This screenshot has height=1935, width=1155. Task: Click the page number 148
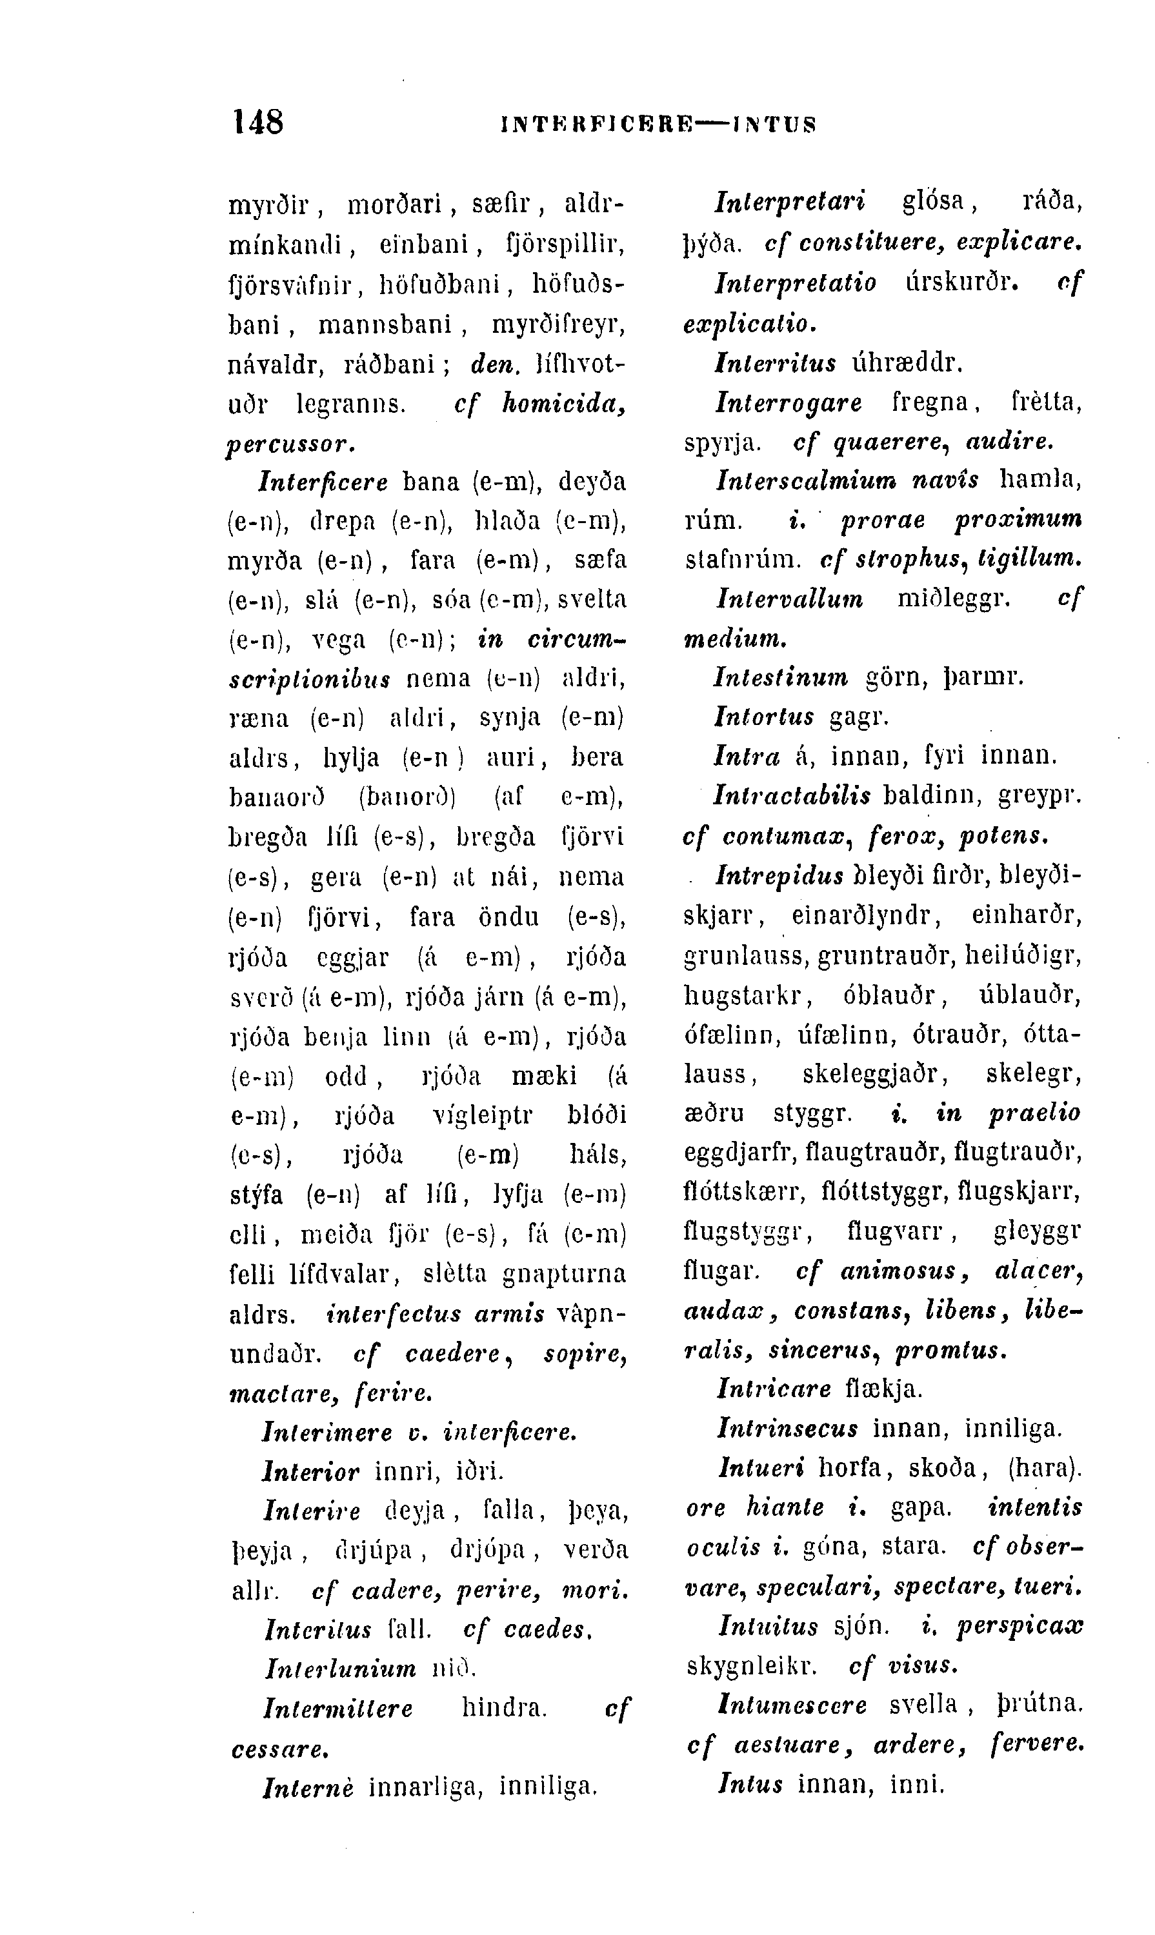258,122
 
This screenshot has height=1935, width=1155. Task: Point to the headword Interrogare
788,402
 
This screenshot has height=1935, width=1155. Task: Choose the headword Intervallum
788,599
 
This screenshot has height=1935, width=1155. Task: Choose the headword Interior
311,1472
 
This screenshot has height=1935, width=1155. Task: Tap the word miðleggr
952,599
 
